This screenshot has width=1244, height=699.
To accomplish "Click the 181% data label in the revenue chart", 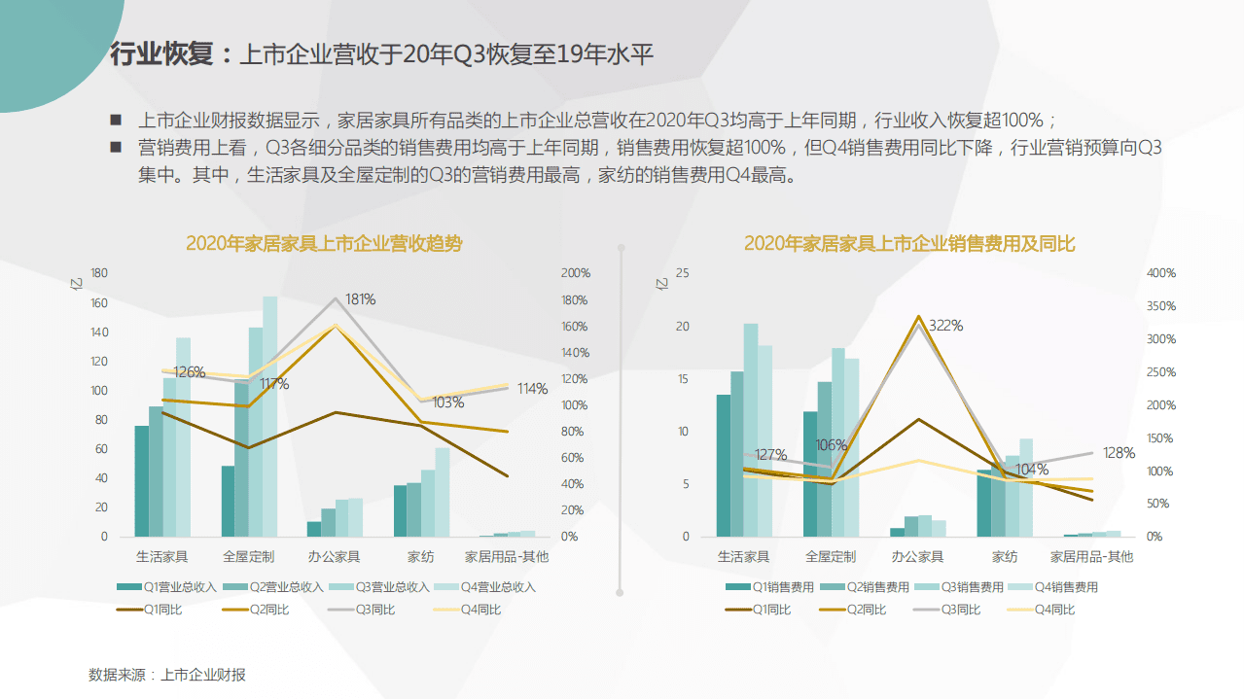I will point(360,299).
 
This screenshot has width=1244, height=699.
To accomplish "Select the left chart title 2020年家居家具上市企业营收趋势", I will point(324,244).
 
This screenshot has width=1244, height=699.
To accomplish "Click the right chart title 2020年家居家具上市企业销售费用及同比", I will point(909,244).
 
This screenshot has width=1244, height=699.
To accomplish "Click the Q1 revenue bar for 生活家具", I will point(142,480).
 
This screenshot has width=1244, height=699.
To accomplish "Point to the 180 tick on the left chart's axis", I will point(98,273).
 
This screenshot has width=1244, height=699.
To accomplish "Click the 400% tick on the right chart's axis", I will point(1160,273).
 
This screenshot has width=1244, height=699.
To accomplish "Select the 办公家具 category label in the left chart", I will point(334,557).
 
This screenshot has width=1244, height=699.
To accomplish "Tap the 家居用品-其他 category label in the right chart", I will point(1091,557).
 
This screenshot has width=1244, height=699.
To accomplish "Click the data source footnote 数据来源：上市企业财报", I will point(167,675).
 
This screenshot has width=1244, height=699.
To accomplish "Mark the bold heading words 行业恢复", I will point(161,54).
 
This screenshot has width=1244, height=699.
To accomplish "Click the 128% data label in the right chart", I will point(1120,453).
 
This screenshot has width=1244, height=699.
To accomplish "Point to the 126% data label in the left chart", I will point(189,372).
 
